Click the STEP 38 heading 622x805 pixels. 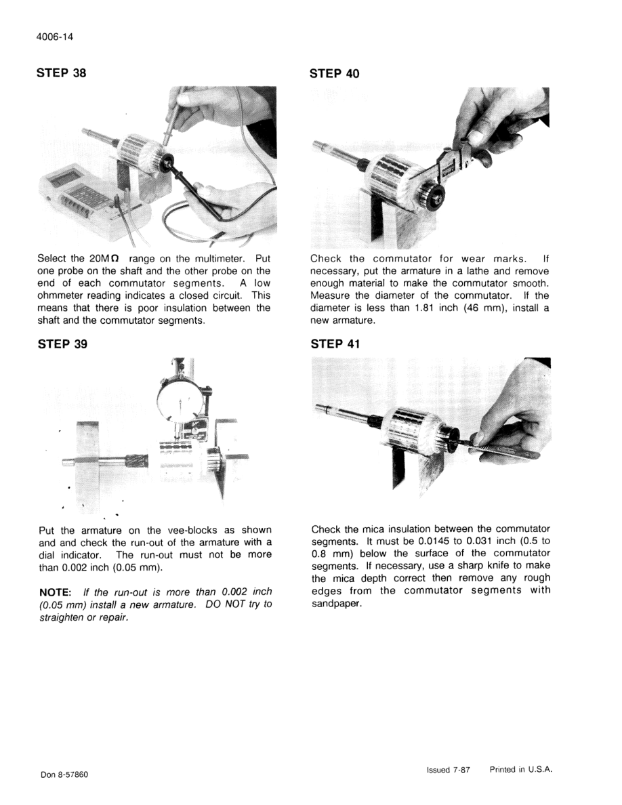(62, 73)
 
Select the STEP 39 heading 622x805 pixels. (62, 344)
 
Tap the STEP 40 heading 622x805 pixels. (335, 73)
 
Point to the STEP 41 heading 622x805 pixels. (335, 344)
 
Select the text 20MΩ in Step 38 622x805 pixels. (103, 259)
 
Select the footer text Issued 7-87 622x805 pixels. (448, 770)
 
